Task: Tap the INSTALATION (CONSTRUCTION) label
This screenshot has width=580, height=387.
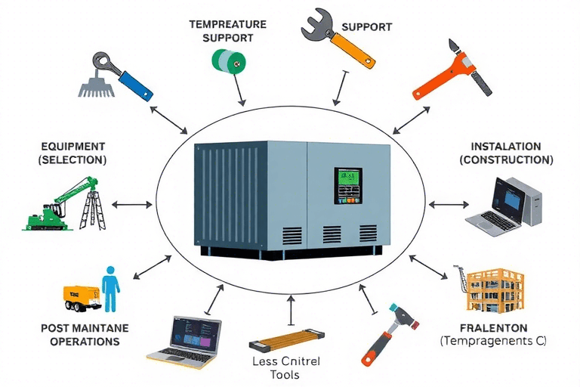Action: pos(506,153)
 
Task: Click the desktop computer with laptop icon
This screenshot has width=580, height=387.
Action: pos(507,203)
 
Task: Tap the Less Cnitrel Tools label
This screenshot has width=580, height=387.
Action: pos(285,367)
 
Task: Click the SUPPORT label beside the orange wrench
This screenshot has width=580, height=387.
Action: pos(366,27)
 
